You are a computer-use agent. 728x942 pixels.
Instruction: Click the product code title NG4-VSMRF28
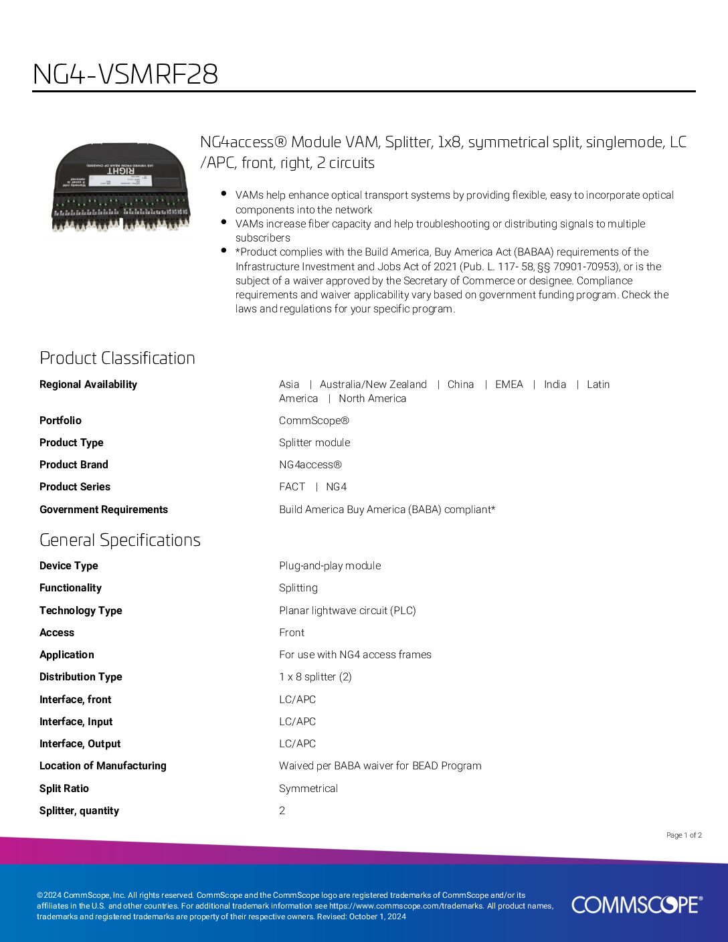(x=126, y=74)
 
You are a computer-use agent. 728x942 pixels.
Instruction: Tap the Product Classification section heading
(x=117, y=358)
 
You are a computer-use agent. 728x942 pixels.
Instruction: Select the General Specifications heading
(x=120, y=540)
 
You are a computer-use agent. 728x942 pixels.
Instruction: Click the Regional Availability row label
(x=88, y=384)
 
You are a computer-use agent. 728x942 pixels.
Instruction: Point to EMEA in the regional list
(x=509, y=384)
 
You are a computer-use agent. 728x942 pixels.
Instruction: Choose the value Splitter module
(x=314, y=442)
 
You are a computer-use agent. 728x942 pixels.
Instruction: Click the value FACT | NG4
(x=312, y=486)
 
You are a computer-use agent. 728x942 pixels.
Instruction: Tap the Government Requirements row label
(x=104, y=509)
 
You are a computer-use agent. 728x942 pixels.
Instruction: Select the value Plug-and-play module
(x=330, y=565)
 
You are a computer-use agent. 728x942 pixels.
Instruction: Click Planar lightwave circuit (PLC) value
(x=347, y=610)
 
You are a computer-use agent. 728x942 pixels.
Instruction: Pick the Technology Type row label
(x=81, y=610)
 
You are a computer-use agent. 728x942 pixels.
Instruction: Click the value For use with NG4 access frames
(x=355, y=654)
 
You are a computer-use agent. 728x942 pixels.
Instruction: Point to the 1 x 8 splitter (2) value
(x=315, y=676)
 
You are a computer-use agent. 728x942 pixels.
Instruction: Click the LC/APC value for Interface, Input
(x=297, y=721)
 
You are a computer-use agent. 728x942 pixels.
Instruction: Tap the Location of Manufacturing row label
(x=103, y=765)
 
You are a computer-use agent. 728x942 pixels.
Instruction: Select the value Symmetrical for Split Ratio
(x=308, y=788)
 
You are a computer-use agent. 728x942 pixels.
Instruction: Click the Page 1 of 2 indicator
(x=684, y=835)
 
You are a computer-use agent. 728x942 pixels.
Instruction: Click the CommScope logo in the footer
(x=637, y=905)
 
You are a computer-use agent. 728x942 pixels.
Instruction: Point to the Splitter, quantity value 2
(x=282, y=810)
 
